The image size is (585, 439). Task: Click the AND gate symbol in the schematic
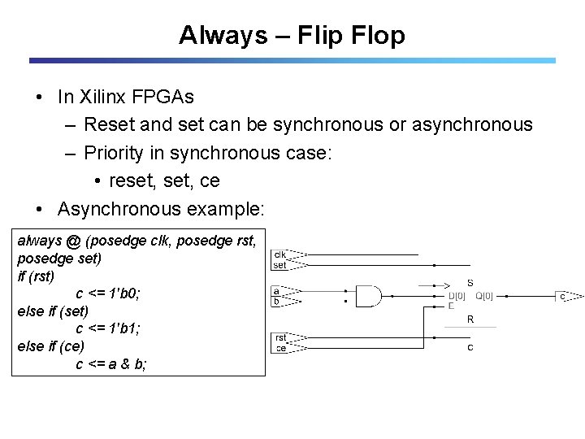point(369,297)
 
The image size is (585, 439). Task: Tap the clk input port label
point(279,253)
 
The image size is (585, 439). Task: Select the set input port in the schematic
point(279,264)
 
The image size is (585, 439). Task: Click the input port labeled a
point(277,290)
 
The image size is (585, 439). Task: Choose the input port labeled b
point(277,302)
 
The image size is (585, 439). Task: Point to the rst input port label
point(279,337)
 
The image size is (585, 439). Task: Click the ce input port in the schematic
point(279,349)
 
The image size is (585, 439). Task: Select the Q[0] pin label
point(484,296)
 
